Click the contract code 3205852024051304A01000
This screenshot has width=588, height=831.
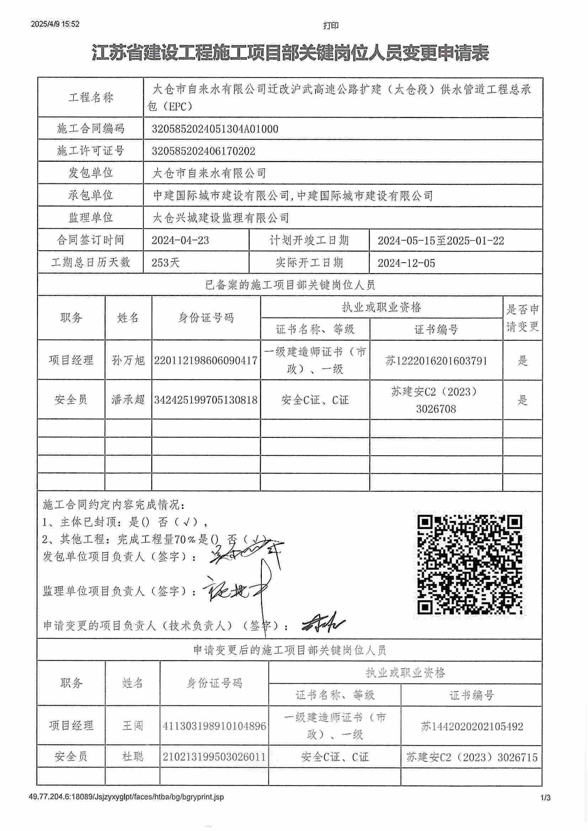pyautogui.click(x=215, y=129)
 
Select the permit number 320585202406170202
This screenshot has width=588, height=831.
pyautogui.click(x=203, y=151)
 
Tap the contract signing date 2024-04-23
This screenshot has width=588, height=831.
pyautogui.click(x=180, y=241)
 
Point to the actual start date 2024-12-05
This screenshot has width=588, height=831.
pyautogui.click(x=406, y=263)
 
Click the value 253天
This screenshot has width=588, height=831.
pyautogui.click(x=165, y=263)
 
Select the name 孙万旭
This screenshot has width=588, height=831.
pyautogui.click(x=128, y=360)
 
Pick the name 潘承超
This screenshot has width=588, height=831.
pyautogui.click(x=128, y=400)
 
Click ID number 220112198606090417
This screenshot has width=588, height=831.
pyautogui.click(x=206, y=360)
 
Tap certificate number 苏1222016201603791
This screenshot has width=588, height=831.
pyautogui.click(x=436, y=361)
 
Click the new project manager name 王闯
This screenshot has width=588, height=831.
pyautogui.click(x=132, y=725)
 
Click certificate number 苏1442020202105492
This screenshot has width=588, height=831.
pyautogui.click(x=472, y=726)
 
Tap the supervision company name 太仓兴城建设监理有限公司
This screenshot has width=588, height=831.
pyautogui.click(x=221, y=218)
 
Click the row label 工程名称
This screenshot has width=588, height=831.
pyautogui.click(x=91, y=98)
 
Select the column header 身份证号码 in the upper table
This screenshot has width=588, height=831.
pyautogui.click(x=206, y=318)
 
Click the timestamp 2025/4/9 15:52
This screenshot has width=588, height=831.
pyautogui.click(x=55, y=24)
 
